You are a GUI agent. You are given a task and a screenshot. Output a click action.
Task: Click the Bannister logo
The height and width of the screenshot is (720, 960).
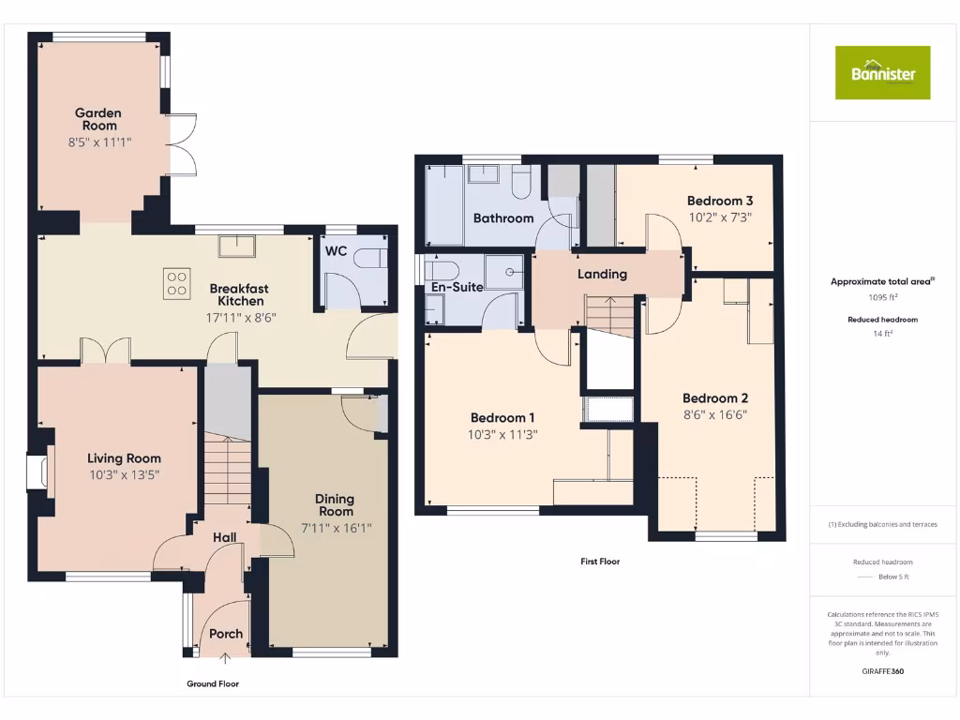(x=882, y=72)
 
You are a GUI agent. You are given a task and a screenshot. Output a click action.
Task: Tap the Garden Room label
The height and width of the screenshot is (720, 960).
(x=98, y=119)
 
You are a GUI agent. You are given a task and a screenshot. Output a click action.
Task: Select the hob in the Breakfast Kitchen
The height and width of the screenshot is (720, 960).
(x=176, y=282)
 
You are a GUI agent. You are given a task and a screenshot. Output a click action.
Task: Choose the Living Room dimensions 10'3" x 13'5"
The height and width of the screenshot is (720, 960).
(x=124, y=473)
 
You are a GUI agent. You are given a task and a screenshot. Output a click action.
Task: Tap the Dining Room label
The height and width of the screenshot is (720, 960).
(x=335, y=504)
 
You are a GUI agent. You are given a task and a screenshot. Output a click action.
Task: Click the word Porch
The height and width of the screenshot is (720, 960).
(x=225, y=634)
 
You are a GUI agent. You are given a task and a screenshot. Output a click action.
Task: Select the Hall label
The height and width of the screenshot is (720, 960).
(x=223, y=537)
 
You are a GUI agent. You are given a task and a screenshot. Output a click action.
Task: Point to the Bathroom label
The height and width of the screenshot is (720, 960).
(x=503, y=218)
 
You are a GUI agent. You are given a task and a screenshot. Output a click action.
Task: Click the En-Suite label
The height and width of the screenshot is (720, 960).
(x=457, y=287)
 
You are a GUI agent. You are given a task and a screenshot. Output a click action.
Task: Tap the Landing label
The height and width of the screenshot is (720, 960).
(x=601, y=274)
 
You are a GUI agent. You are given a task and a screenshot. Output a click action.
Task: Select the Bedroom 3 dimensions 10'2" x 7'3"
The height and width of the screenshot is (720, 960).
(x=720, y=217)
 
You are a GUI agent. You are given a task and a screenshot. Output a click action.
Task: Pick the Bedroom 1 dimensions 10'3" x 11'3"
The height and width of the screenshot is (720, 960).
(x=503, y=434)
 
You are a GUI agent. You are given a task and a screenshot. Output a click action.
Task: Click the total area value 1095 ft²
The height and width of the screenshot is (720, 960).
(x=883, y=297)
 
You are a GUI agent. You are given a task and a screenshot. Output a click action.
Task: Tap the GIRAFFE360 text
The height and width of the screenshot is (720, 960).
(x=882, y=671)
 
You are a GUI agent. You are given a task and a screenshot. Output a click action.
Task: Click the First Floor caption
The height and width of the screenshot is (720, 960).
(x=599, y=562)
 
